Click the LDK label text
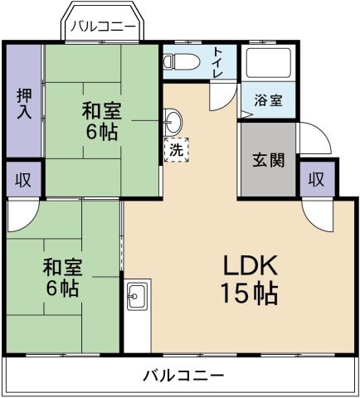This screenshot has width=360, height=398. point(248,266)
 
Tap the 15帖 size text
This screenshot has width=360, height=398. point(248,292)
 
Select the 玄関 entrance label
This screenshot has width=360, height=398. point(269,160)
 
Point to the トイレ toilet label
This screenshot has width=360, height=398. point(218,61)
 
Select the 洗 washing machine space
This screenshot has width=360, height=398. point(177,150)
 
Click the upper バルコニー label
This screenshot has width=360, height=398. point(102,27)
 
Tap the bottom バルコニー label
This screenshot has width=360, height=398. point(182,376)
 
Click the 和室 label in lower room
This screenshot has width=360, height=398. point(61,267)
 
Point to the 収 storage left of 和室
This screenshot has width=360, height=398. point(22,180)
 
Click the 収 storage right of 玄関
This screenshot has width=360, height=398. point(316,180)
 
